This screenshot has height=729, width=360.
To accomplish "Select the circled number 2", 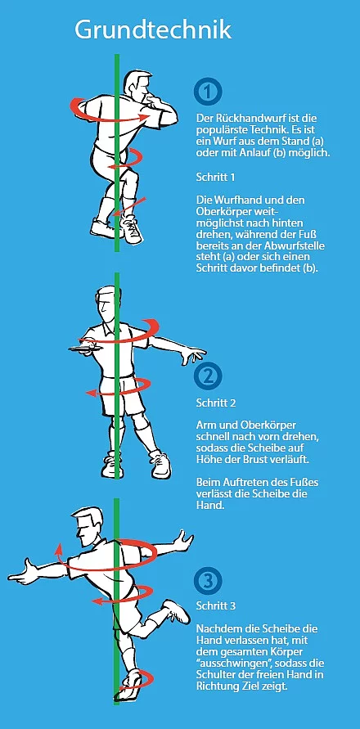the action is tap(208, 376).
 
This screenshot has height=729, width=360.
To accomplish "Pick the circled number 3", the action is tap(208, 580).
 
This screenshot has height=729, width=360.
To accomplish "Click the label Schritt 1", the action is tap(215, 177).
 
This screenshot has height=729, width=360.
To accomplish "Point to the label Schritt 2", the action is tap(216, 403).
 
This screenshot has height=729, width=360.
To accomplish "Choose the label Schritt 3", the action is tap(216, 605).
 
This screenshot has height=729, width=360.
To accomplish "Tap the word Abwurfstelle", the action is tap(298, 245).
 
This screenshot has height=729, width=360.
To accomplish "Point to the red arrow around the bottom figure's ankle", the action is tap(140, 680).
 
